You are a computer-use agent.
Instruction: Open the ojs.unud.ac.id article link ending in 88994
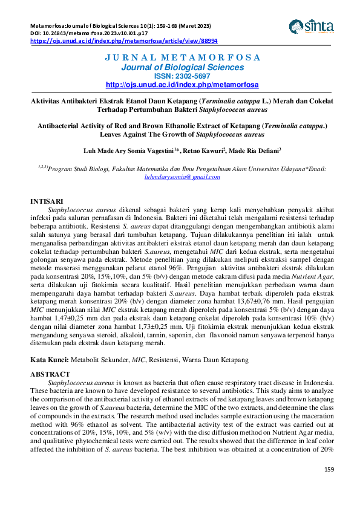click(x=123, y=41)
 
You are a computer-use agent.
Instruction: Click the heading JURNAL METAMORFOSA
click(x=182, y=58)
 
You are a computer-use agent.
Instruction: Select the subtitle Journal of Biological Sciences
click(x=182, y=68)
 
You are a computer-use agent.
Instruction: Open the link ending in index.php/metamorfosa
click(x=182, y=85)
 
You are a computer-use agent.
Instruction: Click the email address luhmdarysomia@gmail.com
click(x=182, y=177)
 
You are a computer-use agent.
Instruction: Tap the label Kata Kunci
click(x=50, y=360)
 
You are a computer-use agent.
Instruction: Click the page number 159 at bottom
click(x=329, y=469)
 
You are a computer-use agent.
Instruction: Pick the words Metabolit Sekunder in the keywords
click(x=99, y=360)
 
